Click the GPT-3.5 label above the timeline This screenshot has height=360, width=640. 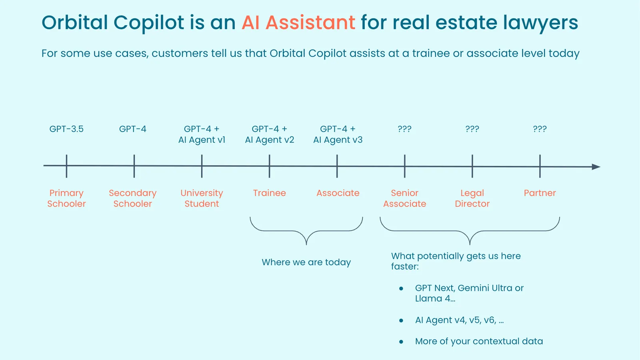pos(66,129)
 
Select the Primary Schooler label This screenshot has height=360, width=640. pos(66,198)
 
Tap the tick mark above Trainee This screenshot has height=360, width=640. pos(269,166)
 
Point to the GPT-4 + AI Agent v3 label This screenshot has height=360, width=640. pos(338,134)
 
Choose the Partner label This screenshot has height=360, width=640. pos(540,193)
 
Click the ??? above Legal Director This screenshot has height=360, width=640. pos(472,129)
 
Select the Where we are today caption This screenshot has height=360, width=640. pos(306,262)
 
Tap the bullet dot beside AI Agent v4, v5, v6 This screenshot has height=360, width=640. pos(401,320)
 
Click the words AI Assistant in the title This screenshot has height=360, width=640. pos(298,22)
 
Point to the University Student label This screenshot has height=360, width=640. pos(202,198)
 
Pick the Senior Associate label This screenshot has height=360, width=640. pos(404,198)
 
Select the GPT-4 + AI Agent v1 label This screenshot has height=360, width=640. pos(202,134)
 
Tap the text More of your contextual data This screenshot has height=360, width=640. pos(479,342)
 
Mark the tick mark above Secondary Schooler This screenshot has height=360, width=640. pos(134,166)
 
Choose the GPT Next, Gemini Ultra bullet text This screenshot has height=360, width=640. pos(469,293)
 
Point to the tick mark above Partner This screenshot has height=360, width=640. pos(540,166)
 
